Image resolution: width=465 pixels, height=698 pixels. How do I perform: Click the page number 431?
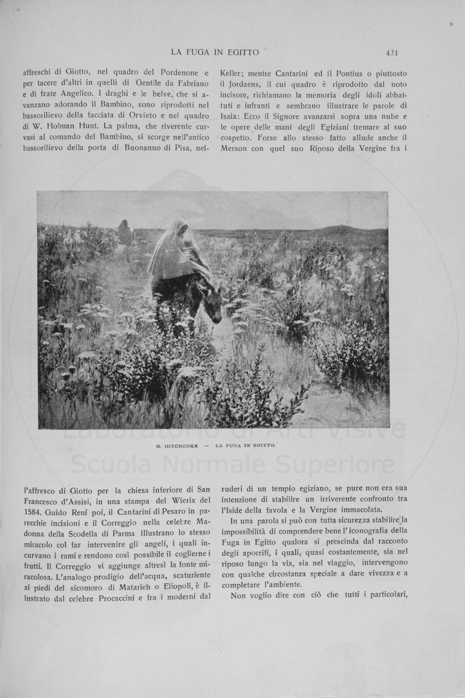point(391,53)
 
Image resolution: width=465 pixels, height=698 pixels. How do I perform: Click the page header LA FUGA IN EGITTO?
point(215,53)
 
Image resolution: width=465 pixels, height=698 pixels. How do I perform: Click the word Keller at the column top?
point(232,73)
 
